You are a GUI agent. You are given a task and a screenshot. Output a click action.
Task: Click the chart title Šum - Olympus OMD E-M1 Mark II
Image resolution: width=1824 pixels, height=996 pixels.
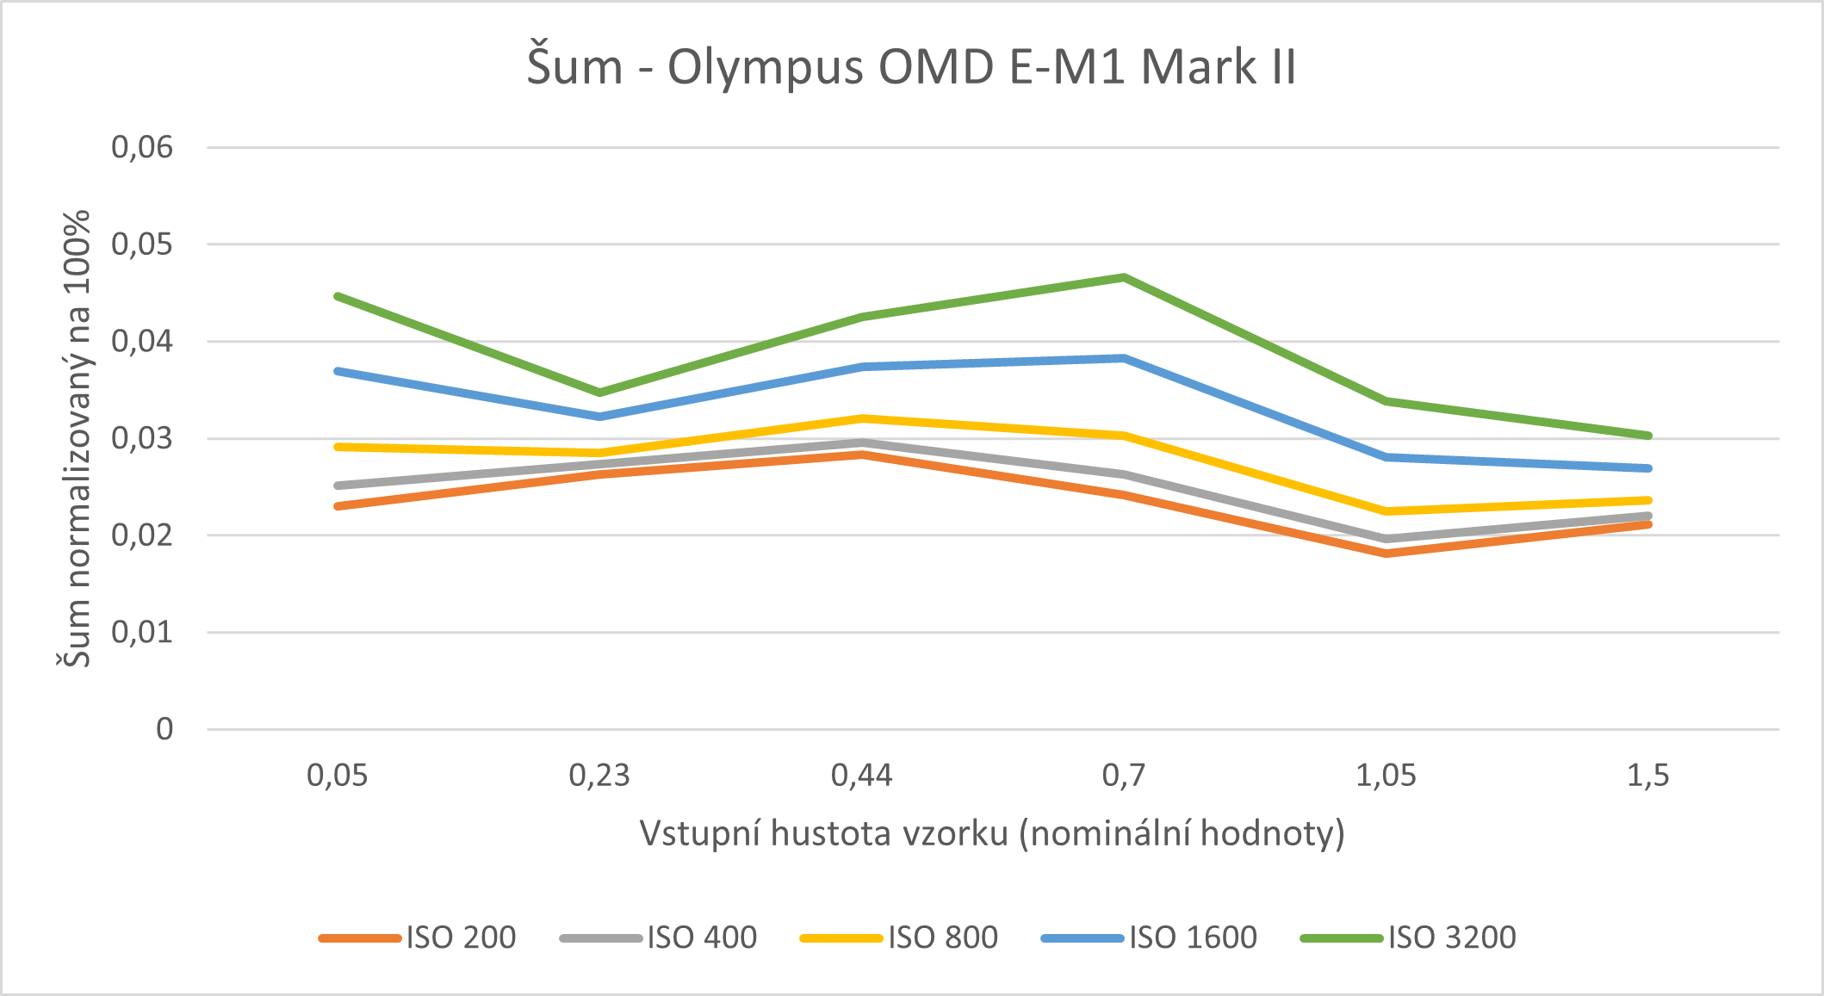pyautogui.click(x=911, y=67)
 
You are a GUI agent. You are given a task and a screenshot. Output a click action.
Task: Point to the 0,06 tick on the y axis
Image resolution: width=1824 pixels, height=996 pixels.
pyautogui.click(x=142, y=147)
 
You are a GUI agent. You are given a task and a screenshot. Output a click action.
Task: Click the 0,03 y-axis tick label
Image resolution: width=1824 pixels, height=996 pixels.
pyautogui.click(x=142, y=438)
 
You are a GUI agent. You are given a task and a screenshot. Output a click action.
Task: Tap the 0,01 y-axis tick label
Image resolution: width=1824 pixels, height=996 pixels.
pyautogui.click(x=142, y=633)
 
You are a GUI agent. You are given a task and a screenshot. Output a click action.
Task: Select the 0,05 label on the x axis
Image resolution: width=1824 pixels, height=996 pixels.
pyautogui.click(x=338, y=776)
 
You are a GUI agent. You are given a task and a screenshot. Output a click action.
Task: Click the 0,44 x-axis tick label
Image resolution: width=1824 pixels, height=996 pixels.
pyautogui.click(x=861, y=776)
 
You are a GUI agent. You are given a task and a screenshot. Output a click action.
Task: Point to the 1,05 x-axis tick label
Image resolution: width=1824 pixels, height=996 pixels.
pyautogui.click(x=1386, y=776)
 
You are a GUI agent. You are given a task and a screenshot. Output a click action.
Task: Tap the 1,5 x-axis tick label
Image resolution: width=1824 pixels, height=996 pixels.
pyautogui.click(x=1647, y=776)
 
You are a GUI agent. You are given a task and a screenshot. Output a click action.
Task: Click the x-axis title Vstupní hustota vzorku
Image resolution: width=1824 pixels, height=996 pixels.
pyautogui.click(x=992, y=833)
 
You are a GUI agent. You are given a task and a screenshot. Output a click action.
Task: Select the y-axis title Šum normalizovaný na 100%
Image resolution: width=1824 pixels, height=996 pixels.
pyautogui.click(x=76, y=439)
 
